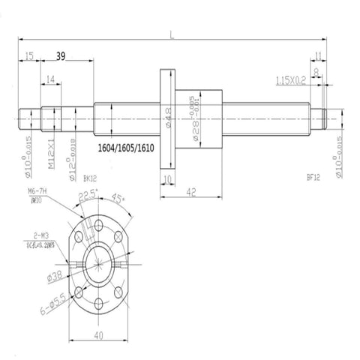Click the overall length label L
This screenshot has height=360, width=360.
tap(171, 34)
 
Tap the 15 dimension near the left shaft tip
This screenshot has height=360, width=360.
tap(28, 55)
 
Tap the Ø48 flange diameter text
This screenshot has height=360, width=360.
tap(169, 118)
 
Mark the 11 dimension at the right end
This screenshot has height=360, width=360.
tap(319, 55)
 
